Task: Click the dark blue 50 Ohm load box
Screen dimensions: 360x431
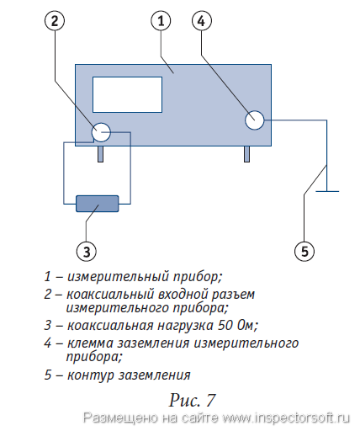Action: coord(98,204)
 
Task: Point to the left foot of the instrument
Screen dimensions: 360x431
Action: coord(100,154)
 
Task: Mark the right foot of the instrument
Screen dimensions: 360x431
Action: coord(246,154)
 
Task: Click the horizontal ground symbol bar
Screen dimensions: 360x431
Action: coord(327,191)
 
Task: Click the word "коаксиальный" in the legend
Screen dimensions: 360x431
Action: coord(110,295)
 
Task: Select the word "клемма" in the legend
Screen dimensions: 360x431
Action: coord(90,343)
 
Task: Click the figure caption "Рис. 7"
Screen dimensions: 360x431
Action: coord(192,400)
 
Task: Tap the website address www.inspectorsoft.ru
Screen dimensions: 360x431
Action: coord(286,418)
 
